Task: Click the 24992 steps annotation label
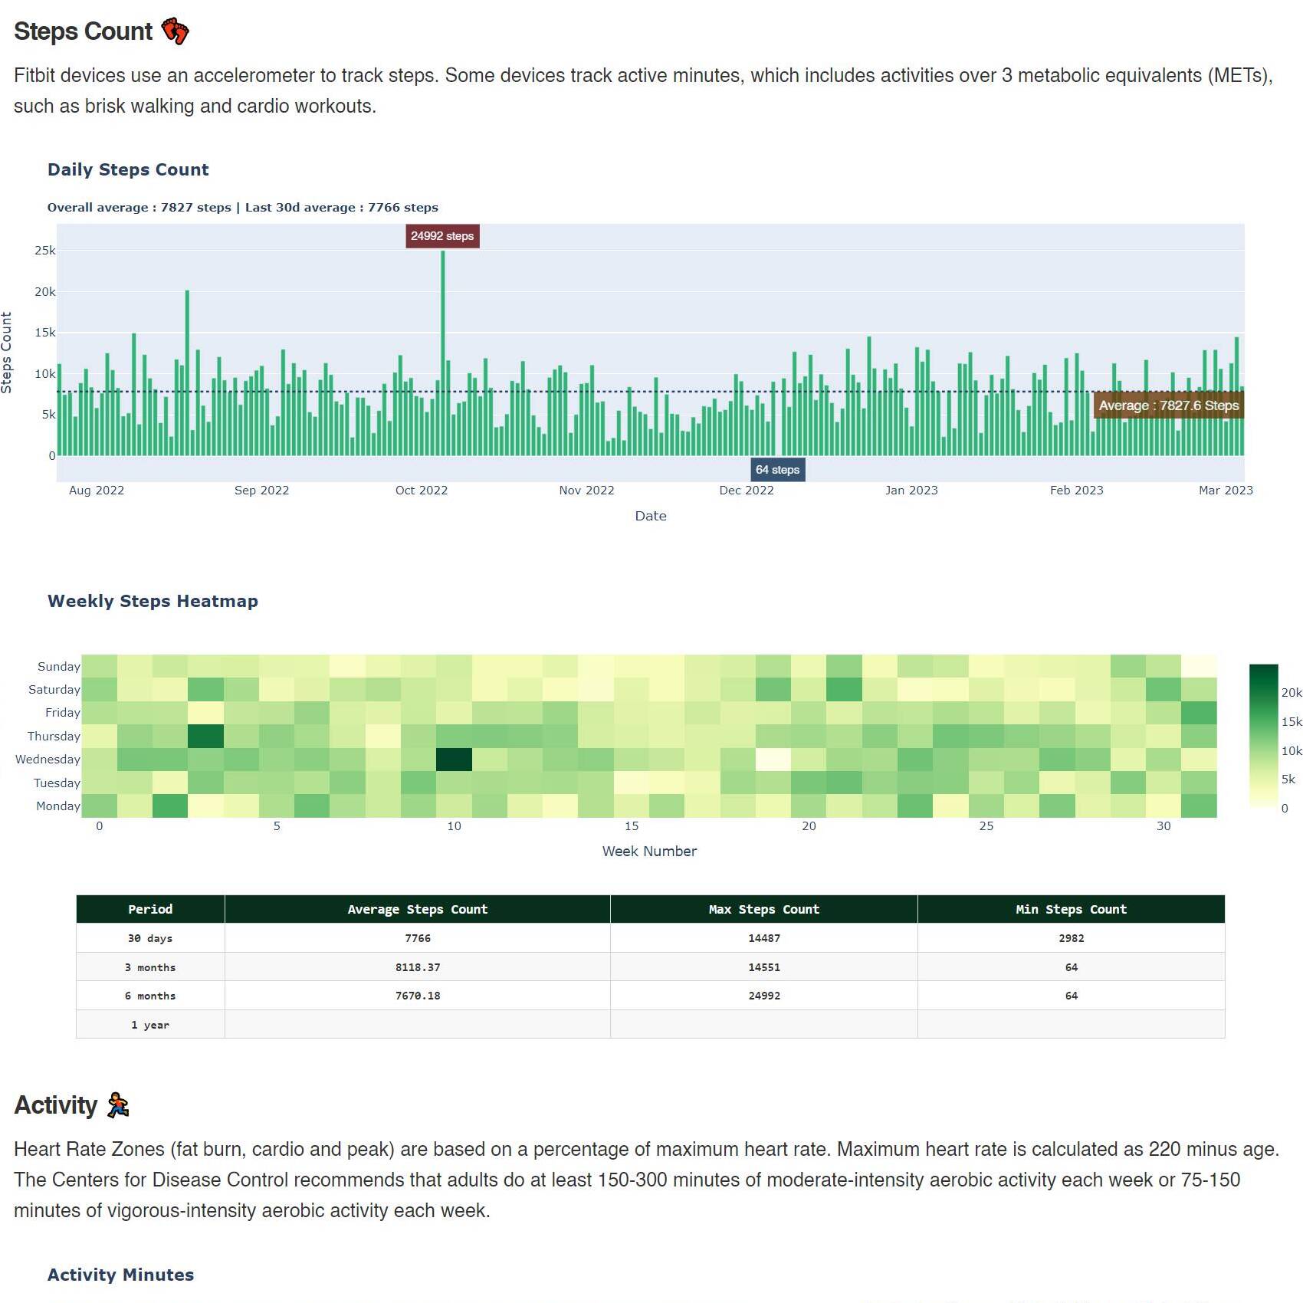[442, 236]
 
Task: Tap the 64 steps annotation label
[777, 470]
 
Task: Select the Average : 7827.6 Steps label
[1168, 405]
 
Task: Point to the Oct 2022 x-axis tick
[421, 491]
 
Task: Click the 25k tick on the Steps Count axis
[44, 251]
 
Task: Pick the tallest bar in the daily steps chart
[442, 353]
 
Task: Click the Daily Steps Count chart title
[128, 170]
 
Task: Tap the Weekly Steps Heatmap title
[153, 602]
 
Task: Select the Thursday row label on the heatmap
[54, 737]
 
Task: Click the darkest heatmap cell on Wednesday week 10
[454, 760]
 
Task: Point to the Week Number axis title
[649, 852]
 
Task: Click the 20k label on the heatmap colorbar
[1292, 693]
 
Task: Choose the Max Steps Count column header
[763, 910]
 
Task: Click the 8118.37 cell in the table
[418, 967]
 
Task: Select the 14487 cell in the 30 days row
[763, 938]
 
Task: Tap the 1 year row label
[150, 1025]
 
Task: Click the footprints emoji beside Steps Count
[176, 31]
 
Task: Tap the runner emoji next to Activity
[118, 1105]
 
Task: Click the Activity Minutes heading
[120, 1275]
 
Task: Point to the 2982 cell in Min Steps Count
[1071, 938]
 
